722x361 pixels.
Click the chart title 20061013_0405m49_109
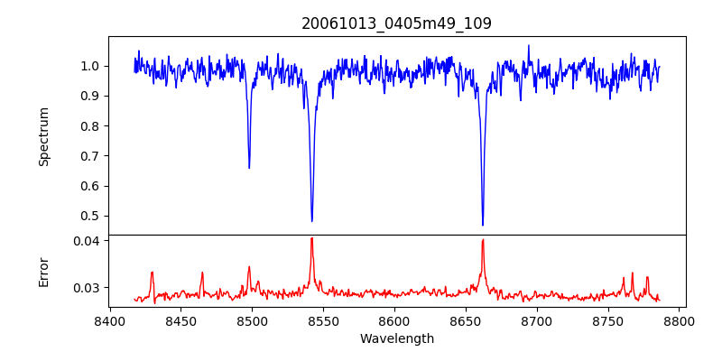point(396,23)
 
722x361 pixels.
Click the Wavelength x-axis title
point(396,338)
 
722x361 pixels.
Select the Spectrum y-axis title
point(44,136)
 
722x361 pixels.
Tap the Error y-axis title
point(44,272)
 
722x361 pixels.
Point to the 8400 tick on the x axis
point(109,320)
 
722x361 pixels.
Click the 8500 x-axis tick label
point(252,320)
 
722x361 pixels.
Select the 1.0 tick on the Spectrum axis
point(89,66)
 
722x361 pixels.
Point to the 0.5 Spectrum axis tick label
point(89,216)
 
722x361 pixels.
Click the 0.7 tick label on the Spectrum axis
point(89,156)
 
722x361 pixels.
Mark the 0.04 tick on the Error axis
point(86,241)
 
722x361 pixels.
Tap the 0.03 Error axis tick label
point(86,288)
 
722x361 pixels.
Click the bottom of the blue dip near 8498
point(249,168)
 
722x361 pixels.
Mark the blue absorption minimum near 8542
point(312,221)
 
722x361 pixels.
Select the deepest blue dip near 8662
point(483,225)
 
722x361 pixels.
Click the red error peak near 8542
point(311,238)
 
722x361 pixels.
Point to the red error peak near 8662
point(483,240)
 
